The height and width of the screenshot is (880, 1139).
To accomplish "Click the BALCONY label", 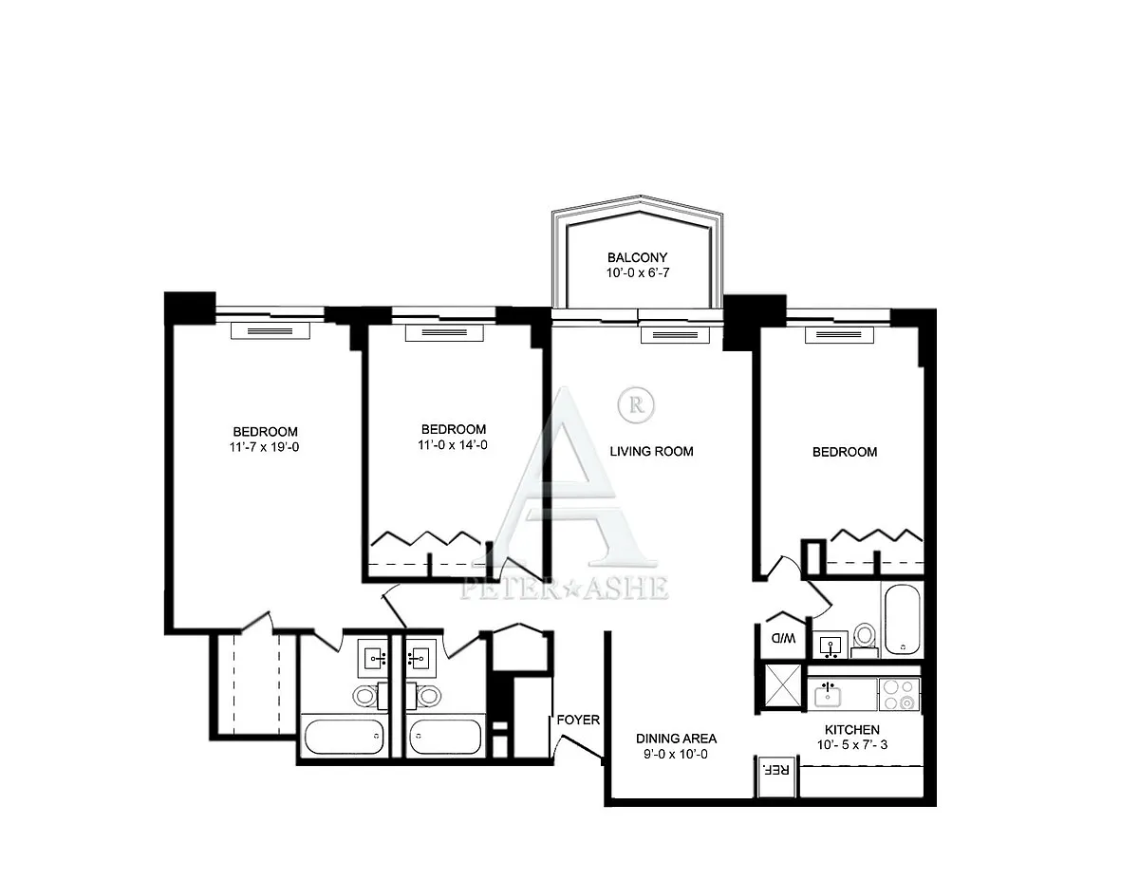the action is coord(637,257).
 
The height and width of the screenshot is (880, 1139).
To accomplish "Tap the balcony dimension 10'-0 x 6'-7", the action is coord(638,272).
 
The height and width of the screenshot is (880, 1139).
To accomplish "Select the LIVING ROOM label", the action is coord(651,451).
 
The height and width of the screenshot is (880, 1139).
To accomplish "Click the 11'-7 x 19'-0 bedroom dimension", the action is coord(264,447).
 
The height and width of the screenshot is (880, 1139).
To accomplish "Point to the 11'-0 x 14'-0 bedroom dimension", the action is coord(453,445).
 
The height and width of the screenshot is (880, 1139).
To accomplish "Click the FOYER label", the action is coord(578,720).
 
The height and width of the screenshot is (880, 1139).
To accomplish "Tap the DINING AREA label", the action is coord(676,739).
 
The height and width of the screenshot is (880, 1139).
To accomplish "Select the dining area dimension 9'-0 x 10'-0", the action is coord(676,754).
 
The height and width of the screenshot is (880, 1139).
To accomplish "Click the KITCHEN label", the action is coord(852,730).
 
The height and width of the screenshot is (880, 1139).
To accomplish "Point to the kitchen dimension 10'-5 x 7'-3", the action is coord(852,745).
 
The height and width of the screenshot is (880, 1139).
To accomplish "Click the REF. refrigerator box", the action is coord(777,777).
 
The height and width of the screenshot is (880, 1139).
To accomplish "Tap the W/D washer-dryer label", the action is coord(782,638).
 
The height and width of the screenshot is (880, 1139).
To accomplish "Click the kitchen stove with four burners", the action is coord(899,695).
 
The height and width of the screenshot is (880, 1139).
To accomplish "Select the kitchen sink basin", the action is coord(828,697).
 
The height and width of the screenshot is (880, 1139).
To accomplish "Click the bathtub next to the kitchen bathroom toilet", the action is coord(902,620).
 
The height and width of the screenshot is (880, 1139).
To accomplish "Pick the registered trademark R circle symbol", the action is coord(637,405).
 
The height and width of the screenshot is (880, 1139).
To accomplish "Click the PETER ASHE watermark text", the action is coord(565,588).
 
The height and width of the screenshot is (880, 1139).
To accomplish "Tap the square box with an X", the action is coord(783,686).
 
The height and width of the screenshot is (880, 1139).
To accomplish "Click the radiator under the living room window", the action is coord(675,335).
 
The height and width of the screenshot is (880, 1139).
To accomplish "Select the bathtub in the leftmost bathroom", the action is coord(344,737).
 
